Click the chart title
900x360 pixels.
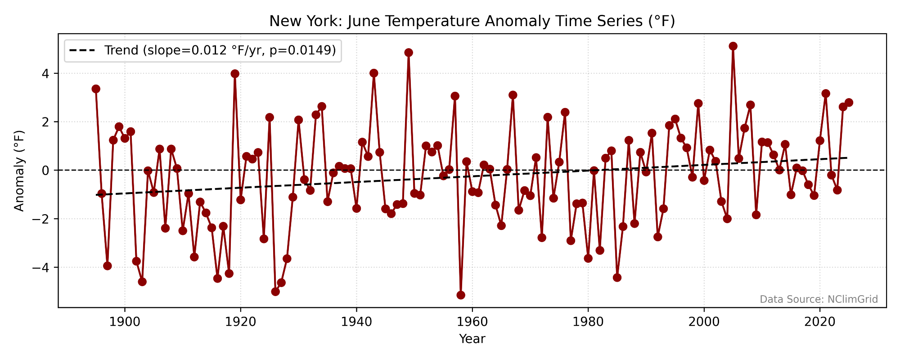click(472, 21)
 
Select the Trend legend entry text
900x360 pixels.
click(220, 50)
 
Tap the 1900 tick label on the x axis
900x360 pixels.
click(125, 322)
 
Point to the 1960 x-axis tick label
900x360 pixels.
click(472, 322)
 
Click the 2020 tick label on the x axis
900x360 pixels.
click(819, 322)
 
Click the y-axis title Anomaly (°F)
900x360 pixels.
click(19, 171)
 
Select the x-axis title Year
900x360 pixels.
click(472, 339)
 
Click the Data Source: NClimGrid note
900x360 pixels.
click(819, 299)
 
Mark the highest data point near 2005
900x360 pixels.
click(733, 46)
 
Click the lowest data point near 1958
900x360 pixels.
click(461, 295)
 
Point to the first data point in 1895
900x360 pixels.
click(96, 89)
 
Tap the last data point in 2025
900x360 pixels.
click(849, 102)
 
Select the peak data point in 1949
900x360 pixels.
click(409, 53)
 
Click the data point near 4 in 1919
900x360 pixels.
click(235, 74)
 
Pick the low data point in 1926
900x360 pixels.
click(275, 292)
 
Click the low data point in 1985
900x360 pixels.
click(617, 278)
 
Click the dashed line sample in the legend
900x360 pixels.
click(82, 50)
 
